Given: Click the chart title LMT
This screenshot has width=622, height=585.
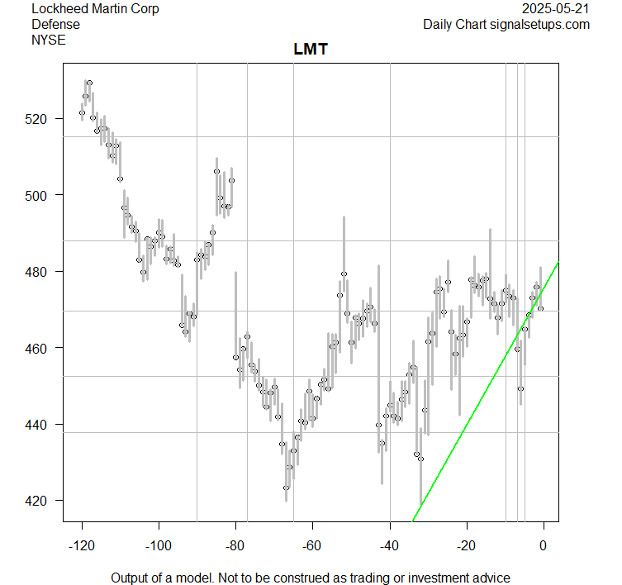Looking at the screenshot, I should tap(311, 50).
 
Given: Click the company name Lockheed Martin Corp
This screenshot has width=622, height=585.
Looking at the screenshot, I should tap(95, 9).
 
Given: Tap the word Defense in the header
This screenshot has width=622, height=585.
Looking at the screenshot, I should tap(55, 24).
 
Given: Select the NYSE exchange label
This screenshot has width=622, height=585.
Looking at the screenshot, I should tap(49, 39).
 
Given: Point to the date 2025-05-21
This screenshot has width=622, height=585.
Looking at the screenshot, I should tap(556, 9).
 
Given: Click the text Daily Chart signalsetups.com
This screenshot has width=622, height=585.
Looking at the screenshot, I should tap(506, 24).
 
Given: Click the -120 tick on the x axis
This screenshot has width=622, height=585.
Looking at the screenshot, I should tap(82, 545).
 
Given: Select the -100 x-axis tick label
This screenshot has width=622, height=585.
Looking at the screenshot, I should tap(159, 545).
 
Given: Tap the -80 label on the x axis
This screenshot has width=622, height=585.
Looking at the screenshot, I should tap(235, 545).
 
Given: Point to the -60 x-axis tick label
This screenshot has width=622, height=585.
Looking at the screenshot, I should tap(312, 545).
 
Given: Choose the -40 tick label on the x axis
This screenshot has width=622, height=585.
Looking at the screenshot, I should tap(389, 545).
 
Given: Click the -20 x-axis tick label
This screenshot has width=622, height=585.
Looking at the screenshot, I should tap(466, 545).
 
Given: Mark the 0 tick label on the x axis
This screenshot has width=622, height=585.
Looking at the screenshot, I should tap(543, 545).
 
